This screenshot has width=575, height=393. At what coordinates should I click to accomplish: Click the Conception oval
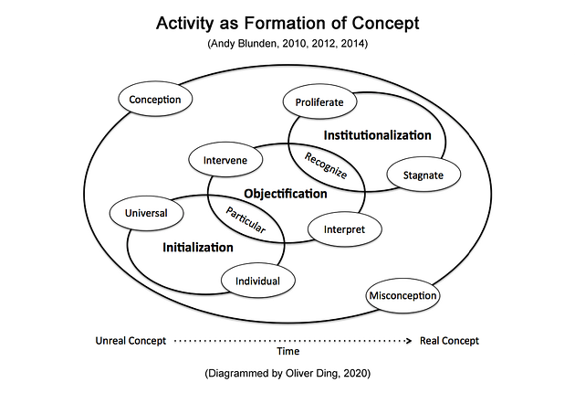point(154,100)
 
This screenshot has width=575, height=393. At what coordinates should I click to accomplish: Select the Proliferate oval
point(319,102)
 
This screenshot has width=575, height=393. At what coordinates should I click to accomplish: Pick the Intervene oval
point(225,161)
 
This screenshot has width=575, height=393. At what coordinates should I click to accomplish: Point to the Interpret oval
point(344,229)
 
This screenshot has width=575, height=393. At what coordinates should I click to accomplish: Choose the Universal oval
point(146,214)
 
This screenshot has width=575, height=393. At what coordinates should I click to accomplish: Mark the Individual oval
point(258,281)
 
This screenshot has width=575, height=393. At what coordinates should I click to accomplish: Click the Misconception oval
point(402,295)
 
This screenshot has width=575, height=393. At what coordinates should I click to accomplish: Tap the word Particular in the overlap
point(245,218)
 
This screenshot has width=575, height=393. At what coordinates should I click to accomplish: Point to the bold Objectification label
point(285,194)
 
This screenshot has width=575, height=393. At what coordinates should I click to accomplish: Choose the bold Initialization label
point(198,247)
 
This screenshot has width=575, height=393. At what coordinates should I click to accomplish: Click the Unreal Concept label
point(131,341)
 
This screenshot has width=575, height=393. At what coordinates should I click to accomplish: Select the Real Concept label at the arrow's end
point(449,341)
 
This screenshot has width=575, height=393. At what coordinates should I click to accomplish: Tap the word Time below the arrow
point(287,350)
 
